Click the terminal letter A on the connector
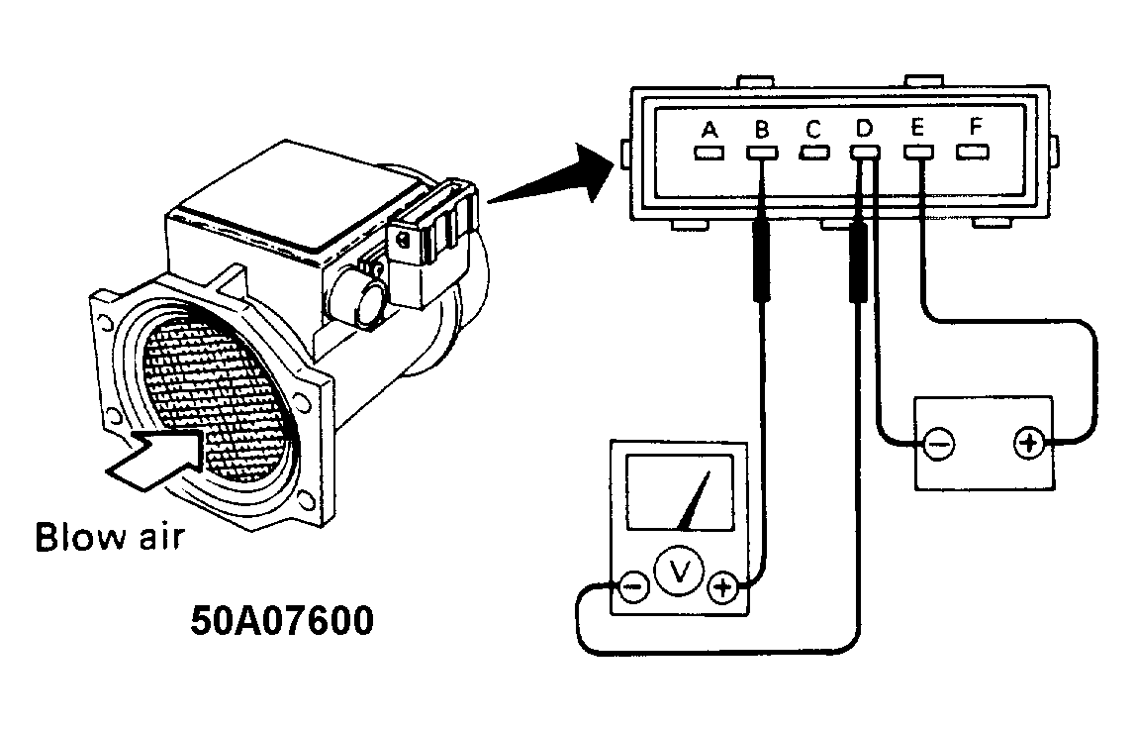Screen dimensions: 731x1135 pyautogui.click(x=709, y=129)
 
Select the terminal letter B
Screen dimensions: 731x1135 pyautogui.click(x=761, y=129)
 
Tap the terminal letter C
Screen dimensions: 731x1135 pyautogui.click(x=812, y=129)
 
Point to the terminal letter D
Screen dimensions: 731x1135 pyautogui.click(x=864, y=129)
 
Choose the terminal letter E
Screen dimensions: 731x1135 pyautogui.click(x=917, y=129)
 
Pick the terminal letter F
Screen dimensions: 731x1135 pyautogui.click(x=975, y=129)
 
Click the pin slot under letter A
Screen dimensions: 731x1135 pyautogui.click(x=709, y=154)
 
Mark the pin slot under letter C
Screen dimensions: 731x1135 pyautogui.click(x=813, y=154)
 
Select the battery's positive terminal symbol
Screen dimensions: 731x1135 pyautogui.click(x=1029, y=443)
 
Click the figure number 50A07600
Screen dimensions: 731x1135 pyautogui.click(x=282, y=621)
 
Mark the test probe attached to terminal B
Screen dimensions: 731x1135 pyautogui.click(x=761, y=260)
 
